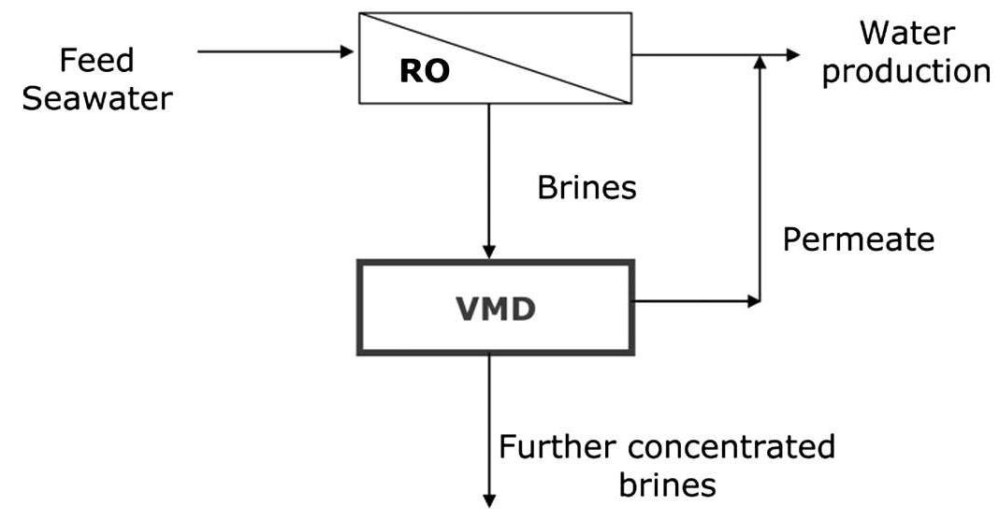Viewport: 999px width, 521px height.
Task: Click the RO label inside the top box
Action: click(424, 72)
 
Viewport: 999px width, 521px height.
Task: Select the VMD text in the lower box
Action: click(495, 309)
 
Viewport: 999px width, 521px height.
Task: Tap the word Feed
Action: click(97, 61)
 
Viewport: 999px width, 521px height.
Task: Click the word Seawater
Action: click(97, 98)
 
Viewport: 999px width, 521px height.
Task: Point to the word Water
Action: click(907, 34)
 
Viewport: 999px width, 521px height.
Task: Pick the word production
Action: click(905, 72)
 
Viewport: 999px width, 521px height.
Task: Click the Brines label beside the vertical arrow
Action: click(586, 188)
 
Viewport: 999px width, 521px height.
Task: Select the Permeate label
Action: click(858, 240)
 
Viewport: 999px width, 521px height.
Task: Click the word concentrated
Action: click(729, 447)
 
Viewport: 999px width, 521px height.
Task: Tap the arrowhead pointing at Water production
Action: click(792, 55)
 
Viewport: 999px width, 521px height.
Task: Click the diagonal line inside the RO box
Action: click(496, 57)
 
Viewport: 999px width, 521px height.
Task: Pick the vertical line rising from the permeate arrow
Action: click(760, 187)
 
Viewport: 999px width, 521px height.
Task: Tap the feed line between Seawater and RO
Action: click(271, 51)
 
